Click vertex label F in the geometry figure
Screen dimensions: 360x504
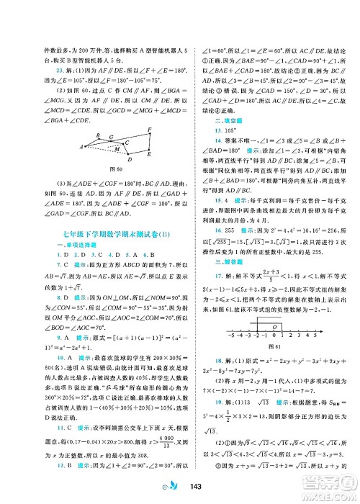click(149, 129)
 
